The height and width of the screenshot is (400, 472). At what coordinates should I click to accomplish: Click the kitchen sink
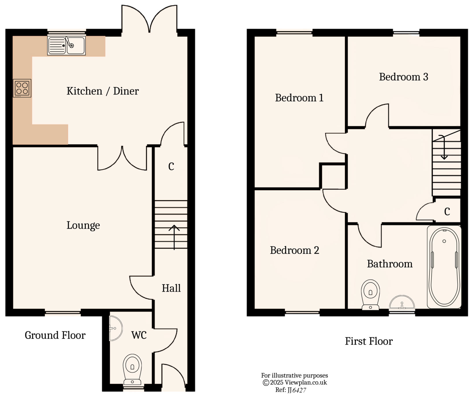tap(66, 45)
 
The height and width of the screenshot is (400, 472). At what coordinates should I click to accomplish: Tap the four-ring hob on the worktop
tap(22, 88)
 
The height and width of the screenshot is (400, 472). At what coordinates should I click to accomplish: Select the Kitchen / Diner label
tap(103, 91)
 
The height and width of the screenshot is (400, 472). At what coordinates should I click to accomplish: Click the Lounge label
tap(83, 225)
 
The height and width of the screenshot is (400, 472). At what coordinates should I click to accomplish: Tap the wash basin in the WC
tap(116, 328)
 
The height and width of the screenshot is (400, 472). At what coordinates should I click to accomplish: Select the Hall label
tap(171, 288)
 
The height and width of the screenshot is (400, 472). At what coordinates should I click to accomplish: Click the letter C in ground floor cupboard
tap(171, 167)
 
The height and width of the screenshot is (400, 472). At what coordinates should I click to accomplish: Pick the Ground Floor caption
tap(55, 335)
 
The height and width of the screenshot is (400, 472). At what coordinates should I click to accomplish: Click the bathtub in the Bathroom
tap(444, 267)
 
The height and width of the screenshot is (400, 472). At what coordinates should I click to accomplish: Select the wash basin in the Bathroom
tap(402, 303)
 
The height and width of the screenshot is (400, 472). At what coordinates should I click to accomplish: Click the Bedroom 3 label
tap(403, 77)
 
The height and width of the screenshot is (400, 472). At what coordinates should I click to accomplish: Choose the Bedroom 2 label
tap(294, 250)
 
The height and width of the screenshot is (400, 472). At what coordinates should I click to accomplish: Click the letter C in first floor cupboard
tap(447, 212)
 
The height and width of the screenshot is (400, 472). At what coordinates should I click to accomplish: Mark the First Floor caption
tap(369, 341)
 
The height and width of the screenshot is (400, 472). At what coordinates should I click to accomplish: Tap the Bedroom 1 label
tap(299, 98)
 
